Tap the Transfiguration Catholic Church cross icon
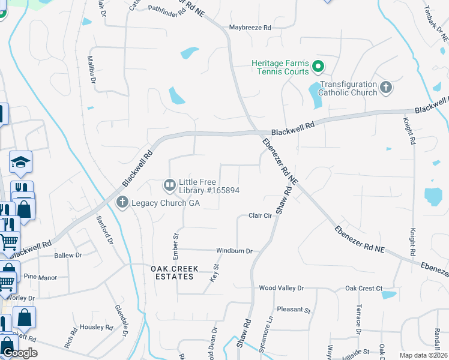[386, 88]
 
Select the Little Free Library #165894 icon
[170, 185]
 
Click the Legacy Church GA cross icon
[122, 202]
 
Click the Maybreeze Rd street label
[250, 28]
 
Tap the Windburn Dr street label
[234, 251]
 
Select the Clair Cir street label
[261, 215]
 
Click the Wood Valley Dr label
[282, 288]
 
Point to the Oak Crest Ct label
[364, 289]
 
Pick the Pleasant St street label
[294, 310]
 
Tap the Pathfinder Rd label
[167, 11]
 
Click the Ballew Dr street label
[68, 255]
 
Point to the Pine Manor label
[40, 277]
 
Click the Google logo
[20, 353]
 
